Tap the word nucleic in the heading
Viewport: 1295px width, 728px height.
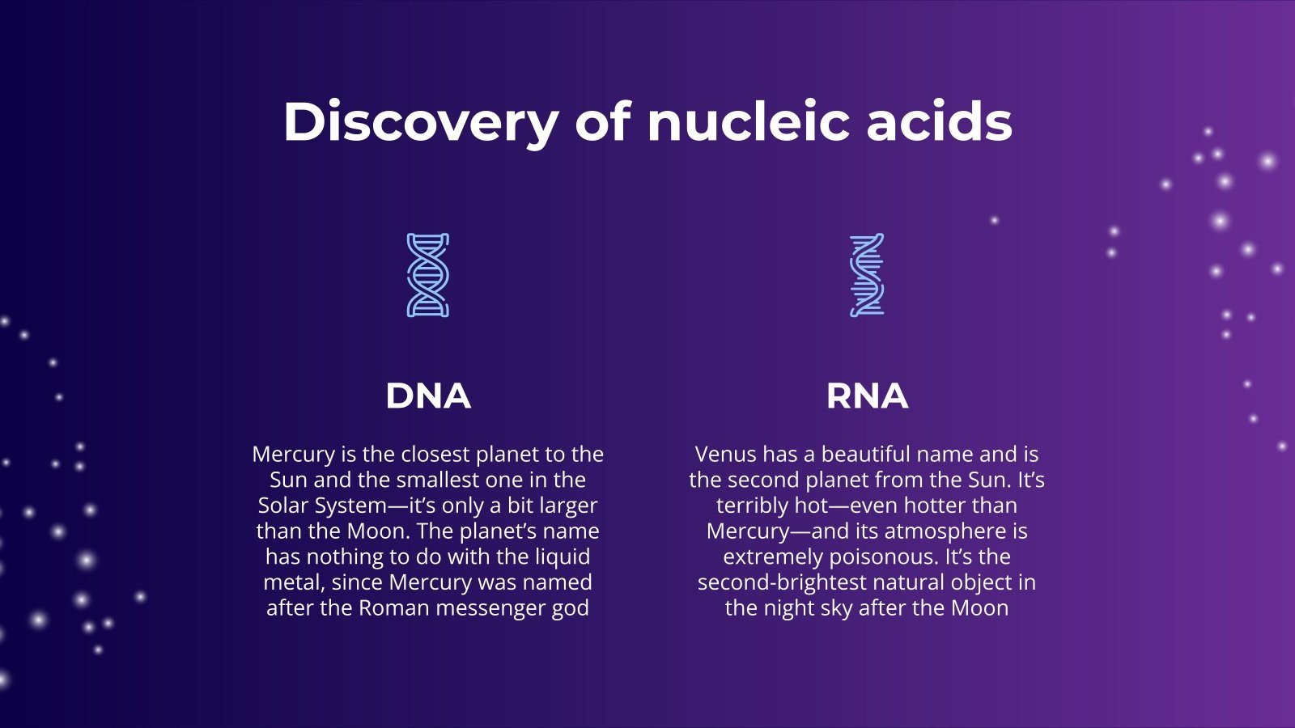(x=748, y=122)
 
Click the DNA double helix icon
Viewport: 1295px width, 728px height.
(x=427, y=275)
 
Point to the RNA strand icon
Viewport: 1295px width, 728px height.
(x=867, y=275)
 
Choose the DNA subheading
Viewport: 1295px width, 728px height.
(x=427, y=396)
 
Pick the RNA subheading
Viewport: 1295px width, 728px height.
(x=867, y=396)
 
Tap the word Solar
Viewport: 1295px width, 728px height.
(x=282, y=506)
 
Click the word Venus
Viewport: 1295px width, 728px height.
(x=726, y=455)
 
